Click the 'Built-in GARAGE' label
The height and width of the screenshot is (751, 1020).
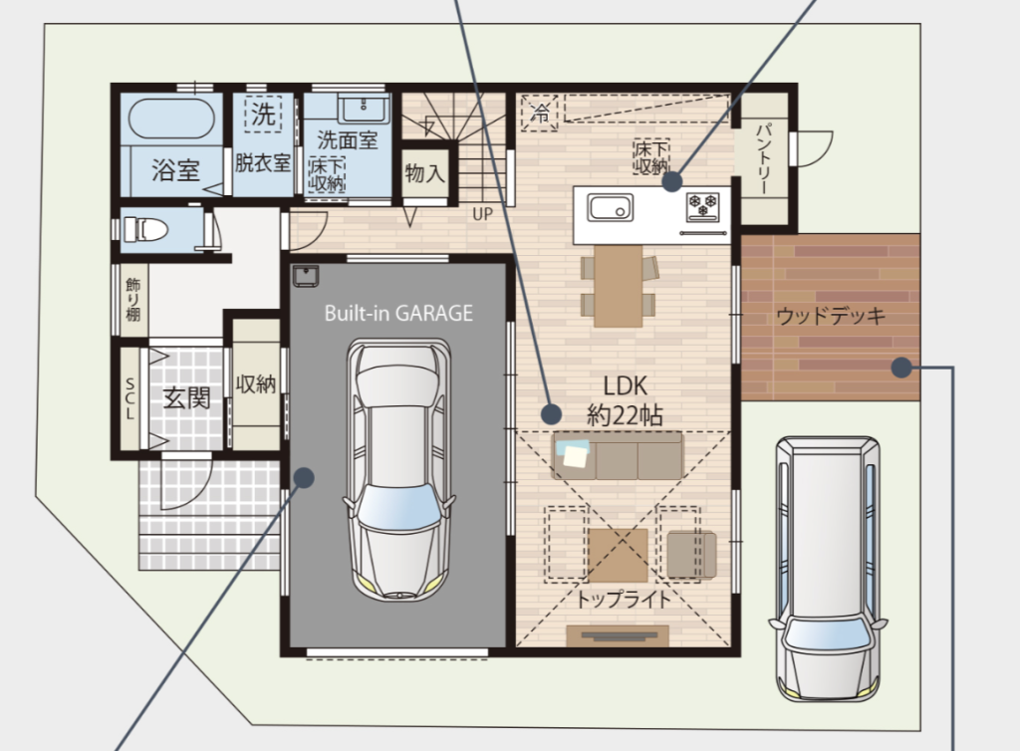click(x=398, y=314)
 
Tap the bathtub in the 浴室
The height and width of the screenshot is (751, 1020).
click(x=171, y=120)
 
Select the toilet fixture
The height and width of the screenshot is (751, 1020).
click(x=145, y=229)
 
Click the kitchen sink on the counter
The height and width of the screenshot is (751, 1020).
click(x=611, y=208)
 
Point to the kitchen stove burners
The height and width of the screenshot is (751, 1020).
click(x=702, y=204)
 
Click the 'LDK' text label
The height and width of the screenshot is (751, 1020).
click(x=626, y=386)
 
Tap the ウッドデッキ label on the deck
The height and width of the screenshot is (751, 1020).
click(x=831, y=317)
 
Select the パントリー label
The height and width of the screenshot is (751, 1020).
click(x=764, y=158)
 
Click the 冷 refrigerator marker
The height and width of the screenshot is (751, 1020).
click(x=540, y=113)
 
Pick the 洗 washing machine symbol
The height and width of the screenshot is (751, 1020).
click(x=263, y=115)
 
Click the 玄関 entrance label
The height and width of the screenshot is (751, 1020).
click(x=186, y=397)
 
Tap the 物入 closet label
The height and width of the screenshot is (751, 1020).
click(x=424, y=173)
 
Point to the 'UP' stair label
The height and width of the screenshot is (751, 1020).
click(x=483, y=214)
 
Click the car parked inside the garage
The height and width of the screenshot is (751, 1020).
click(x=398, y=468)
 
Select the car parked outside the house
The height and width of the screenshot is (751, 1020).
click(x=828, y=569)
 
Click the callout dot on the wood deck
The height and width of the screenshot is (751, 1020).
click(x=900, y=368)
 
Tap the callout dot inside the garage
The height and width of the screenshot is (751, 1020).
click(x=304, y=478)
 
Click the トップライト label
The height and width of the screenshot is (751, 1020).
click(x=624, y=599)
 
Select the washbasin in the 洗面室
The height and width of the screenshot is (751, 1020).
click(x=364, y=108)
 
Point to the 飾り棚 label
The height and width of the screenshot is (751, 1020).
click(x=132, y=300)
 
